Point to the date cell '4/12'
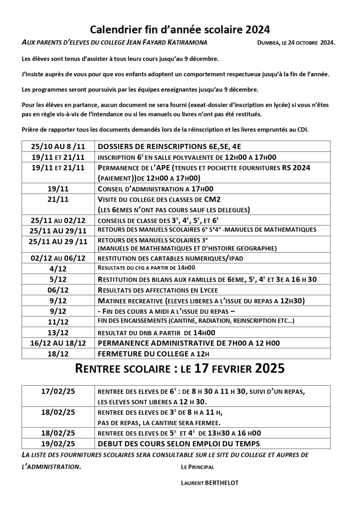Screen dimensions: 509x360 [x=58, y=268]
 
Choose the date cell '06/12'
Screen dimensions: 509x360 [x=58, y=290]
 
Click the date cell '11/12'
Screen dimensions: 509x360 [x=58, y=322]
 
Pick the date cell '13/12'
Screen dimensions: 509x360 [x=58, y=332]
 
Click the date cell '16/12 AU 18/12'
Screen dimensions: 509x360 [x=58, y=343]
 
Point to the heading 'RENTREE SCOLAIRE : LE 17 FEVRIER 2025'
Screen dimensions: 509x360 [x=180, y=369]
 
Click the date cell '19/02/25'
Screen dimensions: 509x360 [x=58, y=443]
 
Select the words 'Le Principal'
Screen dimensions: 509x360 [x=197, y=467]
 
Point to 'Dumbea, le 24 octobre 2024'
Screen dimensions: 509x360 [x=296, y=43]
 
